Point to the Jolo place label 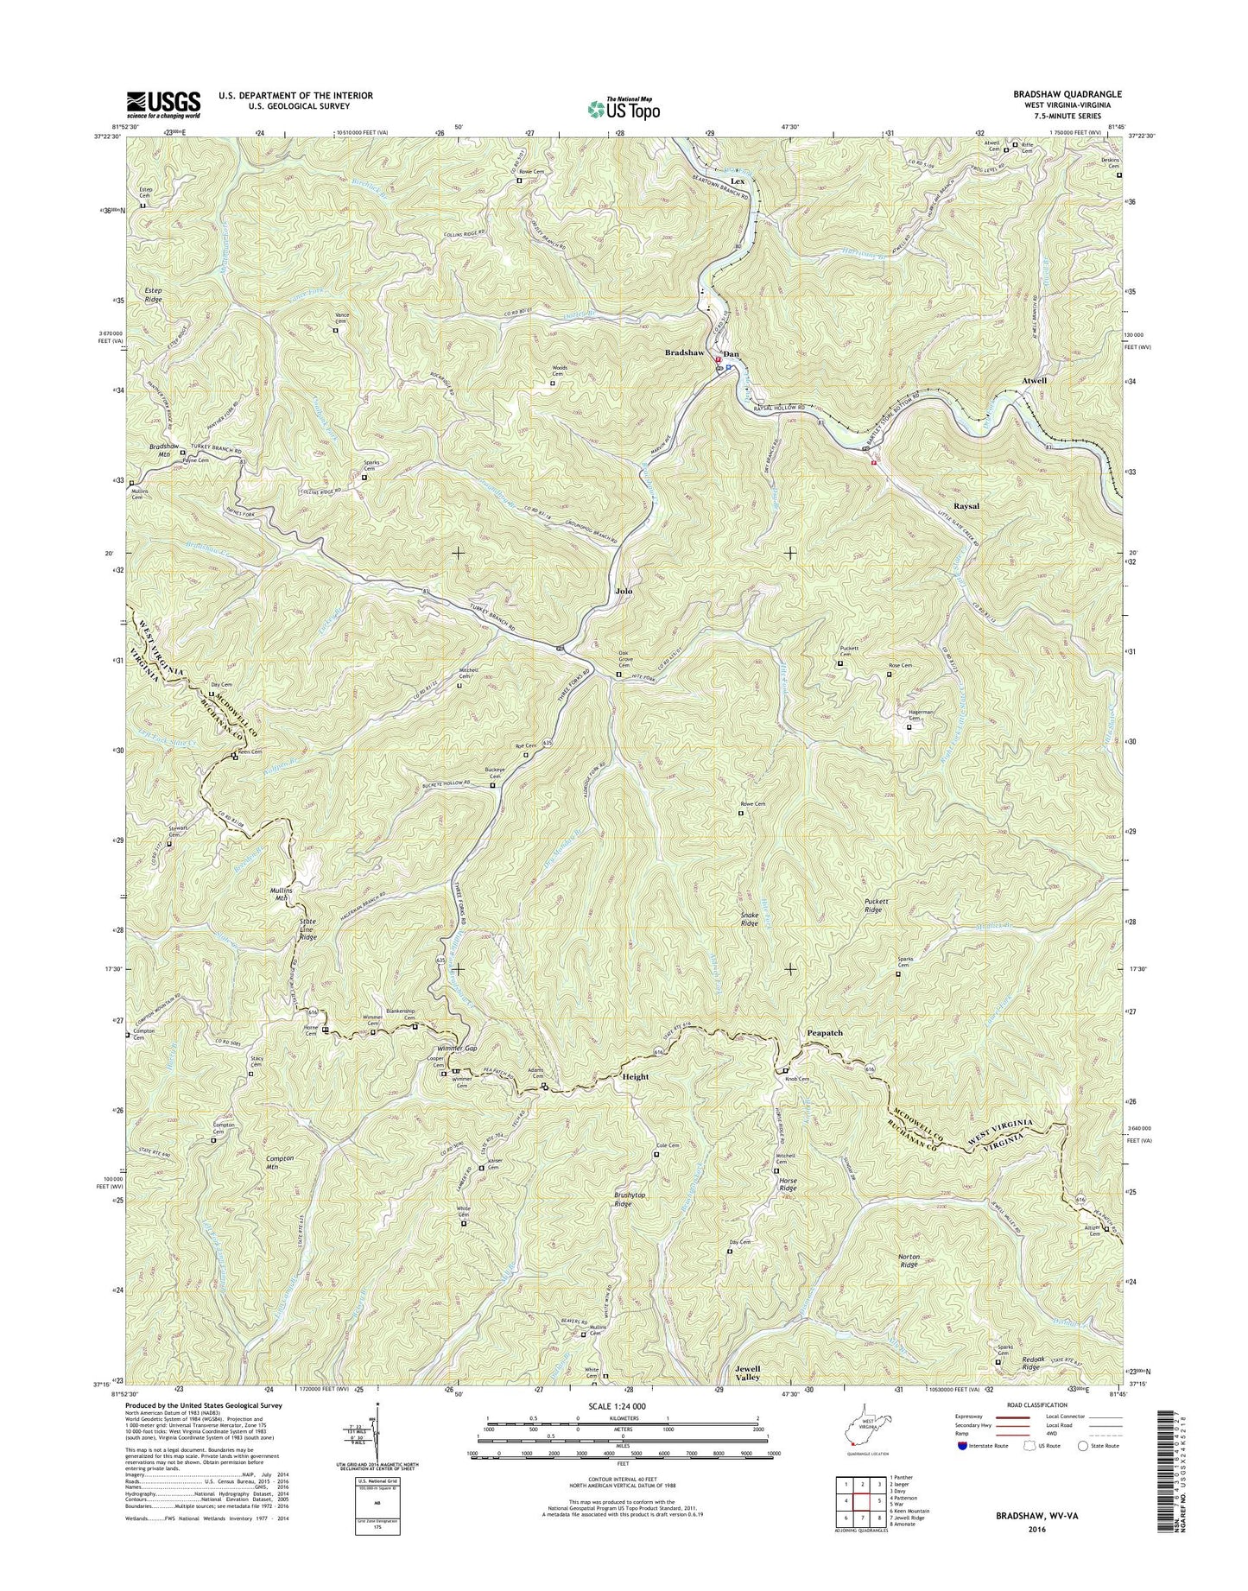[623, 592]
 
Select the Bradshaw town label [684, 353]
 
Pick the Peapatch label [824, 1032]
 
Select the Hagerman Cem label [908, 715]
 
